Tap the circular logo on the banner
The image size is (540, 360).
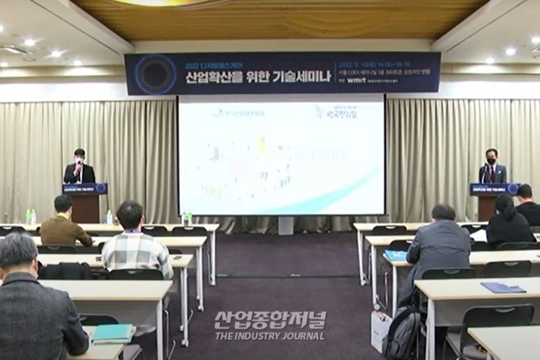point(155,74)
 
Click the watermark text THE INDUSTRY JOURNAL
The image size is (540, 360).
point(270,336)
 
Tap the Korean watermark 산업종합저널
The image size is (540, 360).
point(270,320)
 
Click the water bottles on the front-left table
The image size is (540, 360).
point(31,216)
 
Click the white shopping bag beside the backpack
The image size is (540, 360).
point(380,331)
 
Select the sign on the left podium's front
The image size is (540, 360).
point(84,189)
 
